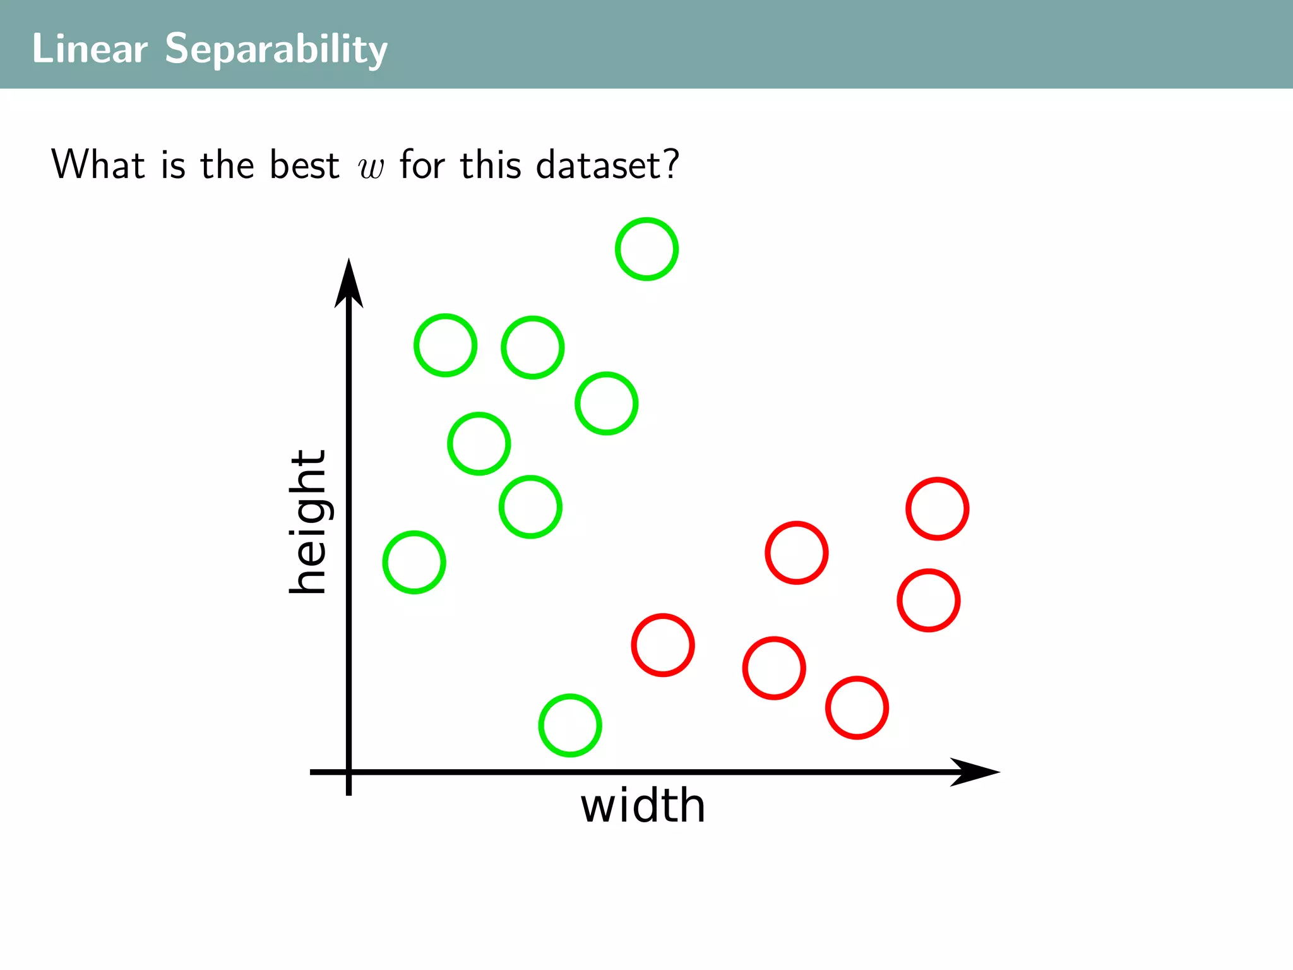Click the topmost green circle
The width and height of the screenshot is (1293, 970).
point(646,249)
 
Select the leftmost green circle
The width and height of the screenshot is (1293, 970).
point(414,562)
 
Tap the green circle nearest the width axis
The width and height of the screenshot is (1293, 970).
point(570,725)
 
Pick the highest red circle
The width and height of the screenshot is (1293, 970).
point(937,508)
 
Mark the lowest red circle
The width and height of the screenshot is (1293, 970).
point(857,707)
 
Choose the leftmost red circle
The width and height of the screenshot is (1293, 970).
point(663,645)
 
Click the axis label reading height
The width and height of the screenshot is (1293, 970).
point(308,522)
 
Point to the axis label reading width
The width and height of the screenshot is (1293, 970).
point(643,806)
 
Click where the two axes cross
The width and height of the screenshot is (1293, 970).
point(349,772)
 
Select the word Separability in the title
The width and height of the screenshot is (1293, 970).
point(276,49)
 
